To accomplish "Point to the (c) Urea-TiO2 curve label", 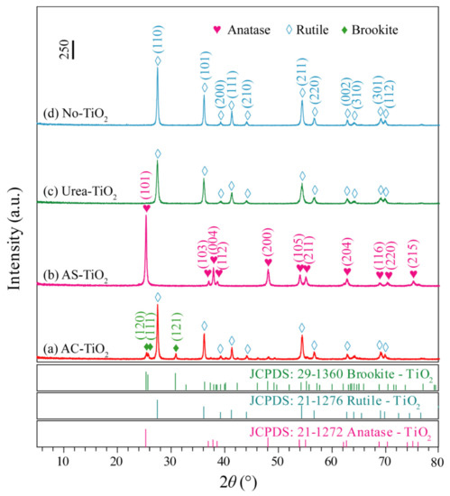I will coord(81,191).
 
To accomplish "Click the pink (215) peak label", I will coord(414,257).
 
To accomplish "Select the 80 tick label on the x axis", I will coord(436,464).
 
